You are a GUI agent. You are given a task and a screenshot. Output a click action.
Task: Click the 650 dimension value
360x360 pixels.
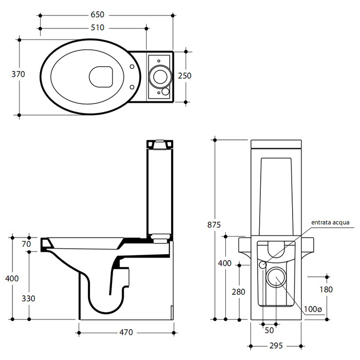coord(97,15)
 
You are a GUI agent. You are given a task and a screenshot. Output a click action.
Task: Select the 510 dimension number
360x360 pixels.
coord(97,28)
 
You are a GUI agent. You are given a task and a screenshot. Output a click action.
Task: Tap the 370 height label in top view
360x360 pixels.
coord(18,75)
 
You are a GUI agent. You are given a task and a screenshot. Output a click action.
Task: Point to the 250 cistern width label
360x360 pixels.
coord(185,76)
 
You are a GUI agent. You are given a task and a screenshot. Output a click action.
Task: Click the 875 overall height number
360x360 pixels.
coord(214,225)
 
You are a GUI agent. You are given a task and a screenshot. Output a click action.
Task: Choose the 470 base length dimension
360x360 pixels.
coord(126,332)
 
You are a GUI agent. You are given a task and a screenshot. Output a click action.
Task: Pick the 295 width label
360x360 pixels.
coord(276,346)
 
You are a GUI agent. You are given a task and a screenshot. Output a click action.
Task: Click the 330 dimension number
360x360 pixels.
coord(28,298)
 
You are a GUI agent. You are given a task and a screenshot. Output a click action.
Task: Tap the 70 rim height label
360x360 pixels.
coord(26,244)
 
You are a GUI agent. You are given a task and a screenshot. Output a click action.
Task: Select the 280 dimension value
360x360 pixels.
coord(239,292)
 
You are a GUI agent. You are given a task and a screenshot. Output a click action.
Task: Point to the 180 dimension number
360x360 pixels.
coord(326,290)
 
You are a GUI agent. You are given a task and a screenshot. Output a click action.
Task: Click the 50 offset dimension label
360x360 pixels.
coord(269,330)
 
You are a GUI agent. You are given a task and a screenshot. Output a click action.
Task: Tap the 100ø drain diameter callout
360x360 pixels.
coord(313,309)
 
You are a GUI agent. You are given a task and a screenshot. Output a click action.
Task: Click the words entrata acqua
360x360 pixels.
coord(330,223)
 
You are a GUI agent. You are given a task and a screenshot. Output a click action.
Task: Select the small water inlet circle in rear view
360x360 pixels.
coord(262,265)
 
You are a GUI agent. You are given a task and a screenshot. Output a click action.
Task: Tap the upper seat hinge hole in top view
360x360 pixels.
coord(132,66)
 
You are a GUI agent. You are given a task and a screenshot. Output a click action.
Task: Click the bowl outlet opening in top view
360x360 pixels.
coord(101,77)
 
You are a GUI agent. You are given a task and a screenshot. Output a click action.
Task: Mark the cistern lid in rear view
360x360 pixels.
coord(276,144)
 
